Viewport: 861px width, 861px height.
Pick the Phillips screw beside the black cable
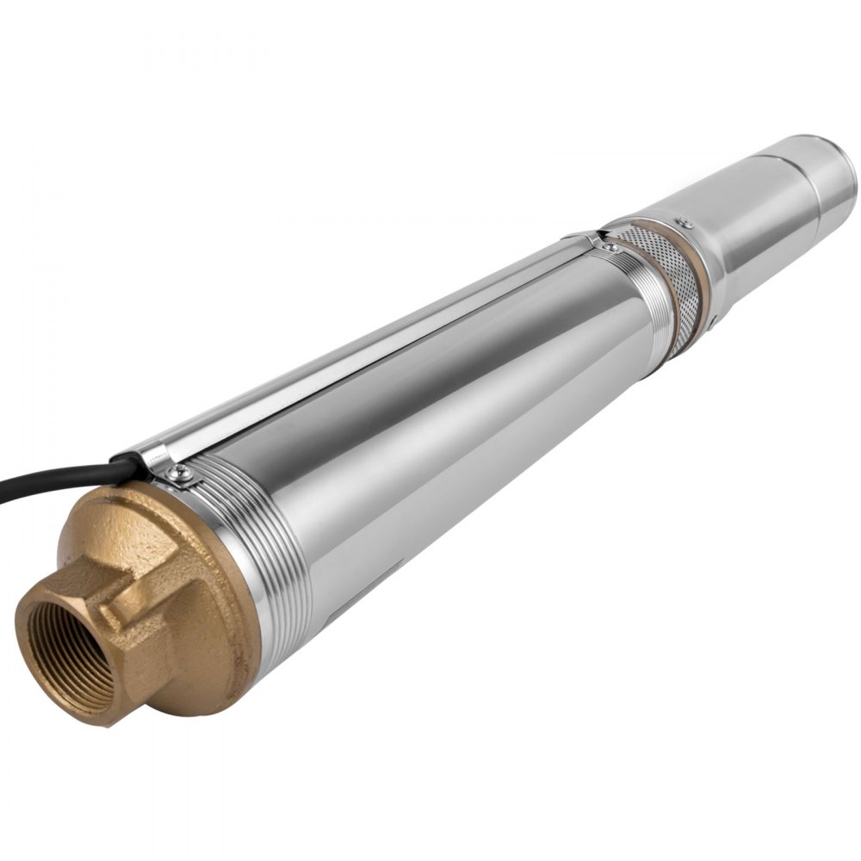[182, 472]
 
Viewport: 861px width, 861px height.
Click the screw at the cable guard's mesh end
[610, 247]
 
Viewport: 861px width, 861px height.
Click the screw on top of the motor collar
[684, 224]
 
